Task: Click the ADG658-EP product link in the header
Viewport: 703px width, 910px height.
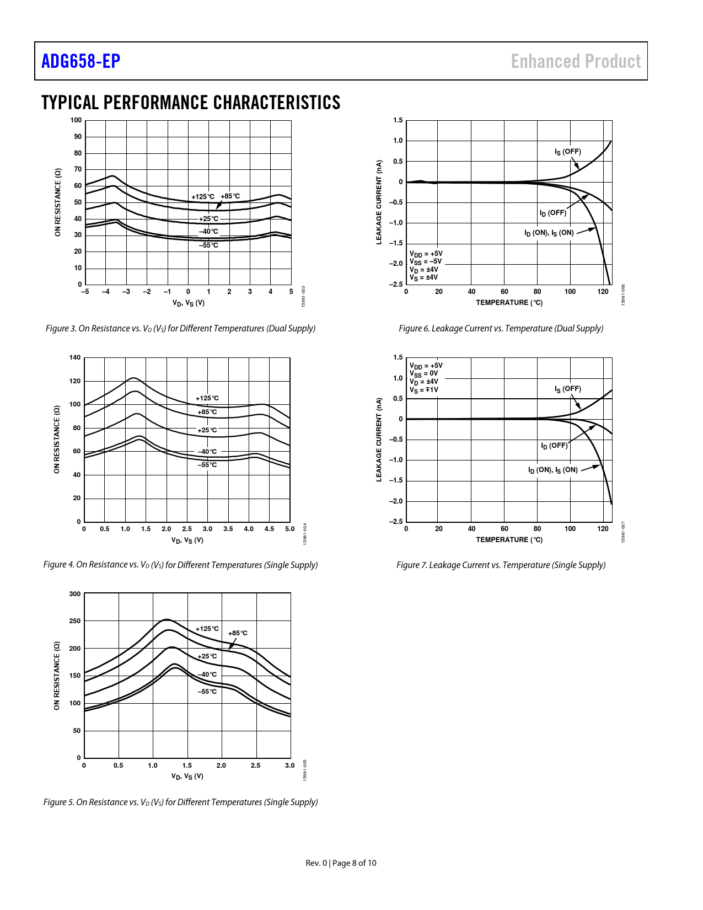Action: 81,61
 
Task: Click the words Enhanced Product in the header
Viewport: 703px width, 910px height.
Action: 576,61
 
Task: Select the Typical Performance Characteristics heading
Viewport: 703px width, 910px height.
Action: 191,103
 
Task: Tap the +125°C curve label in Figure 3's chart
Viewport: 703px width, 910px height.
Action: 203,196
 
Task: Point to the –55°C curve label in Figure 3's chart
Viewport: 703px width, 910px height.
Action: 208,245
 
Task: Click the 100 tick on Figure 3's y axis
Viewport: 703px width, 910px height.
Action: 76,120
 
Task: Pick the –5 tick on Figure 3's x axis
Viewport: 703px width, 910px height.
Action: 85,292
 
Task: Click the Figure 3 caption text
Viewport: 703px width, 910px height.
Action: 180,329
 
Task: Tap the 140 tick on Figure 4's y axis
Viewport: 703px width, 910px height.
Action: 75,357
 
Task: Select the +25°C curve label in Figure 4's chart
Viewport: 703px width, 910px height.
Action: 207,430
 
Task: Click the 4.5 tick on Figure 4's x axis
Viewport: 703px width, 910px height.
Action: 269,529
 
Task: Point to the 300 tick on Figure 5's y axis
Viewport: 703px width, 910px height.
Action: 75,594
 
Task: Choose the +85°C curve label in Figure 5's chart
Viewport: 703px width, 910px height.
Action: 238,633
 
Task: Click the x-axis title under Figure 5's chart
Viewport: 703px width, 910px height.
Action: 187,777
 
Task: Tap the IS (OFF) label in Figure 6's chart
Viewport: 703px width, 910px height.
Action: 567,152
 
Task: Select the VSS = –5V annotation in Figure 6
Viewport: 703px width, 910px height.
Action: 426,261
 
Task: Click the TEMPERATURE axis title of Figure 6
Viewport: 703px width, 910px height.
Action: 509,303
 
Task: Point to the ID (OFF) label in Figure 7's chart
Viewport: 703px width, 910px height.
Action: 554,446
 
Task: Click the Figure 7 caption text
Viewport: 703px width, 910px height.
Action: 501,565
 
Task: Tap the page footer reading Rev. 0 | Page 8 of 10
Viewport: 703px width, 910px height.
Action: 341,863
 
